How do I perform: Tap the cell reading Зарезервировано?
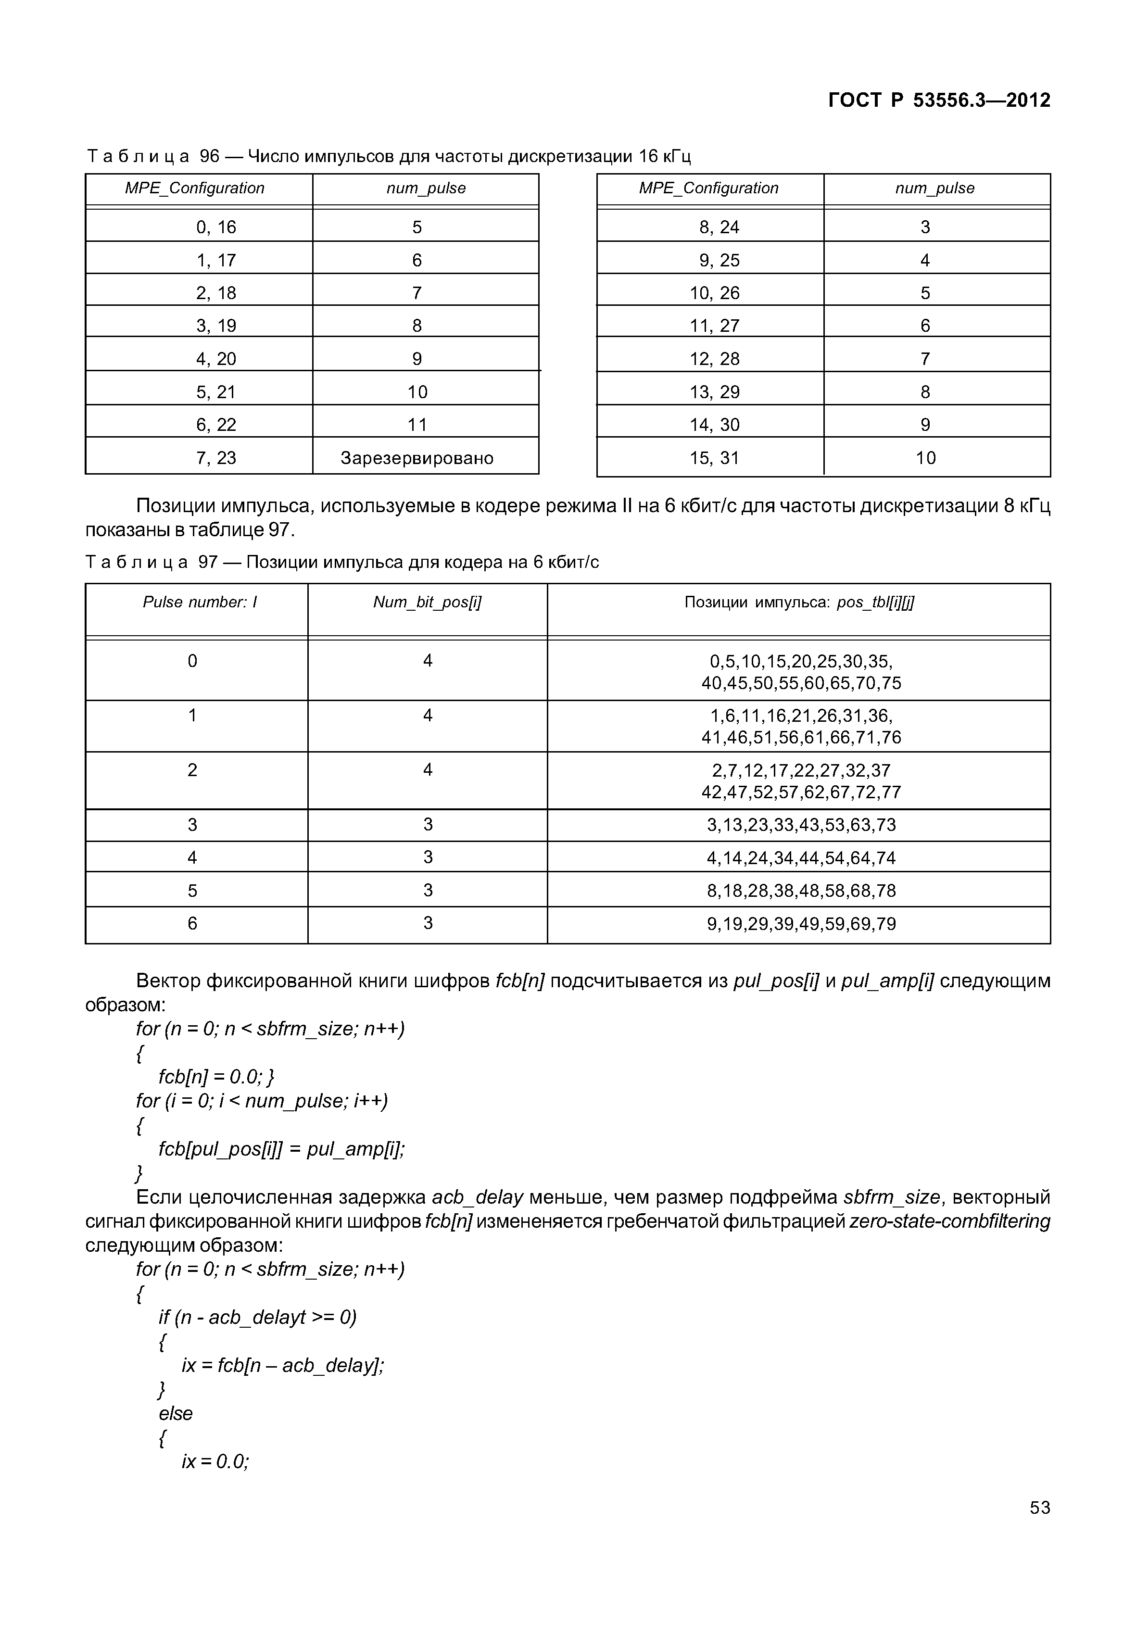point(417,458)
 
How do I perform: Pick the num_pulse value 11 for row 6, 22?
point(417,425)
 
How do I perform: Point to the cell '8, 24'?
point(719,227)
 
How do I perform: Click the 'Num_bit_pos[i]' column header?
point(427,603)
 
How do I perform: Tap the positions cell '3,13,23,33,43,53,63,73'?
point(801,825)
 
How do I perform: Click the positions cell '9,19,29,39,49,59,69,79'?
point(801,924)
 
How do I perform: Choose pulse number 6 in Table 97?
point(192,923)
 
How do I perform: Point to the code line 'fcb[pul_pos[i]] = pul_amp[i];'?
point(281,1149)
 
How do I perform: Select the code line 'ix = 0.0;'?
point(215,1461)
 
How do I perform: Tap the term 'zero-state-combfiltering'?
point(949,1221)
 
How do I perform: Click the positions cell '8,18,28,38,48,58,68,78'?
point(801,891)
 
